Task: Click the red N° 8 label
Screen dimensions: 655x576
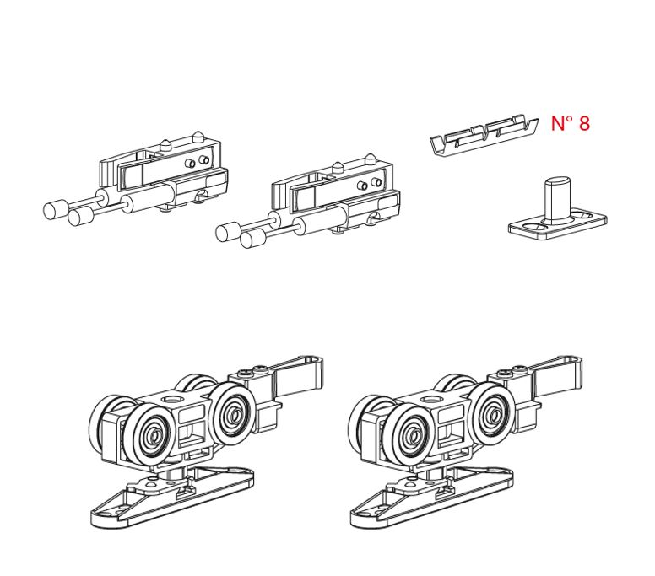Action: point(571,123)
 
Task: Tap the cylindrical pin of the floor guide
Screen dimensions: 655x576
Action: point(557,197)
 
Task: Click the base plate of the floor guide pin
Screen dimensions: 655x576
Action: point(558,226)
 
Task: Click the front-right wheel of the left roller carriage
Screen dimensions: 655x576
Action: point(231,413)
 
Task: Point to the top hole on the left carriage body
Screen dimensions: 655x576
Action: point(171,400)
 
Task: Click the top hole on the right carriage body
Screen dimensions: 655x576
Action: point(431,400)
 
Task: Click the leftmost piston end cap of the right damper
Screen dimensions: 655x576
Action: point(228,232)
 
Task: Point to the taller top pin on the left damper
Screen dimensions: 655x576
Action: point(198,137)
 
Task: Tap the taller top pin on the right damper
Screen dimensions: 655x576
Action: point(370,159)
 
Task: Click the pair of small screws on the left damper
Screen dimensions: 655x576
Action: point(198,162)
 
